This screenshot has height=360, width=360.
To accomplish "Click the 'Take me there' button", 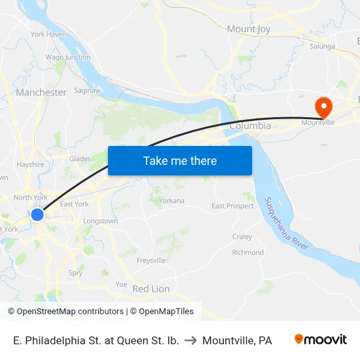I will point(179,160).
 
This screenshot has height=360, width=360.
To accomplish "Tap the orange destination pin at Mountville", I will point(323,106).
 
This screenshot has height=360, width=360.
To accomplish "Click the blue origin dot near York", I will point(37,214).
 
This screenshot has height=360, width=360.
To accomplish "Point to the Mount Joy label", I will point(248,29).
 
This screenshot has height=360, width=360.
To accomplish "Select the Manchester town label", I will point(41,92).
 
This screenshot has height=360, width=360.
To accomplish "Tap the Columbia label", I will point(250,125).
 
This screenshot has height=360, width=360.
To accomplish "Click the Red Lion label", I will point(151,289).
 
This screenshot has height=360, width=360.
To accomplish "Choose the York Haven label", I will point(48,34).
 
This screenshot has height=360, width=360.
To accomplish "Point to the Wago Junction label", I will point(68,57).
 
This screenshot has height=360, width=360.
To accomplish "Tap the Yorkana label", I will point(171,200).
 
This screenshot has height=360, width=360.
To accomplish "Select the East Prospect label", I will point(232,206).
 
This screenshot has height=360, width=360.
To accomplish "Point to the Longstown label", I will point(100,221).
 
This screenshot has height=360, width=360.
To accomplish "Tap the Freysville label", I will point(151,261).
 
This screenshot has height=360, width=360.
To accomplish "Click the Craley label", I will point(242,237).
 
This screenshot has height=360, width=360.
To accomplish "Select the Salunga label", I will point(322,46).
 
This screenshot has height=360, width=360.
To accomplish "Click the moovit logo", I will point(321,340).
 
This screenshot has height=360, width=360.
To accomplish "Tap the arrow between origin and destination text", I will point(190,340).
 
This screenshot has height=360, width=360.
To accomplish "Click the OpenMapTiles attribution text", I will point(166,312).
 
